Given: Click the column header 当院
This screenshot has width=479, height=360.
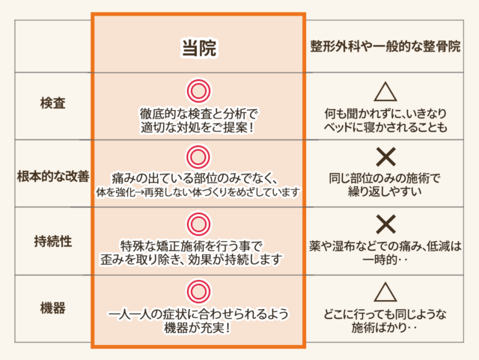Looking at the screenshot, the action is [199, 48].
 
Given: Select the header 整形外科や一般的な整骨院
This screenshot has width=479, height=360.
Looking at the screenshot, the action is [385, 46].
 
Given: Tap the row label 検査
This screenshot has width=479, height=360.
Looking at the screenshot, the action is [53, 103].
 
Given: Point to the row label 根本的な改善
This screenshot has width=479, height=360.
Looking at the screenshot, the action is [53, 177].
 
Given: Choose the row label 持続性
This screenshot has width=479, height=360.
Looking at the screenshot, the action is [53, 242].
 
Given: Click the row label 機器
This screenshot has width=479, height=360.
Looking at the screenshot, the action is [53, 308].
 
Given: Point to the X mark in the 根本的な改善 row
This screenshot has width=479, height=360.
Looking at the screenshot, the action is [386, 156].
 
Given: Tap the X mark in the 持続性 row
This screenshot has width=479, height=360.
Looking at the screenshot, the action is [386, 225].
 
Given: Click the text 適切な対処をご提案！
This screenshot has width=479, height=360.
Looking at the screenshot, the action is [198, 127].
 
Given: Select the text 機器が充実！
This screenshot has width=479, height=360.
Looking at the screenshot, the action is [198, 328].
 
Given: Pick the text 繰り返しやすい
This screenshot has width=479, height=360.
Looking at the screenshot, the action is [385, 192].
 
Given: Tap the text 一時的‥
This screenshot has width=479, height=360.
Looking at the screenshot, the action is [385, 260].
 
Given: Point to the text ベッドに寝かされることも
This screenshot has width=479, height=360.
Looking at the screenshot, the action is [385, 127].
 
